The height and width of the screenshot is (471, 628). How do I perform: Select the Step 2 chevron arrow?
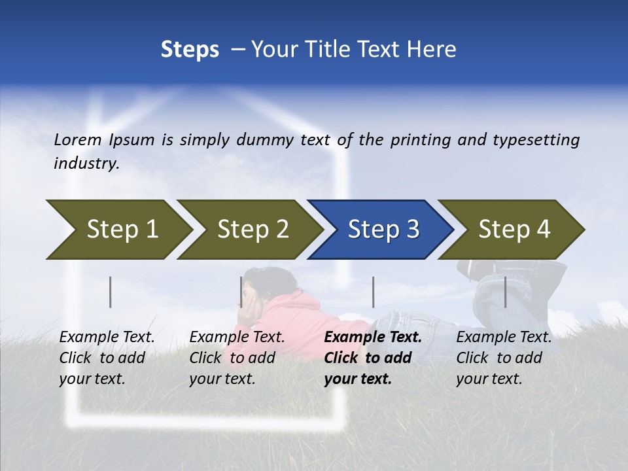[x=252, y=230]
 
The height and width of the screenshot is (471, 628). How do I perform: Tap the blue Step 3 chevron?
[x=383, y=230]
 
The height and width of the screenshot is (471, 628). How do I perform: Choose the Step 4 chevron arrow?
[x=514, y=230]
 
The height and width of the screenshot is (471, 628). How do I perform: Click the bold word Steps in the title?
[x=190, y=50]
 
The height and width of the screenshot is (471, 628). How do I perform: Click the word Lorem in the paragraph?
[x=78, y=139]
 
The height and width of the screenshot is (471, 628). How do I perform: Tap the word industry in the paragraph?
[x=86, y=163]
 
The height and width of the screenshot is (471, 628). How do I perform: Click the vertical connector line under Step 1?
[x=111, y=292]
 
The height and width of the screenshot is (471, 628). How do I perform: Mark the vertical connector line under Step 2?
[x=241, y=292]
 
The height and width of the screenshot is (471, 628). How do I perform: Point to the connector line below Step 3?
[x=373, y=292]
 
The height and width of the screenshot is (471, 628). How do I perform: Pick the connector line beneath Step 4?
[x=506, y=292]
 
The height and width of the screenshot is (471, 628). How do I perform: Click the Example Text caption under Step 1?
[x=107, y=358]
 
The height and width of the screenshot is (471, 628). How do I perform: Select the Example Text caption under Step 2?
[x=237, y=358]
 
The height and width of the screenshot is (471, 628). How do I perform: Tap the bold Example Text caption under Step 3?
[x=372, y=358]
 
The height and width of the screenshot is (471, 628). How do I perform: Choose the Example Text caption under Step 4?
[x=504, y=358]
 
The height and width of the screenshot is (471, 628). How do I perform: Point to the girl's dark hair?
[x=265, y=281]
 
